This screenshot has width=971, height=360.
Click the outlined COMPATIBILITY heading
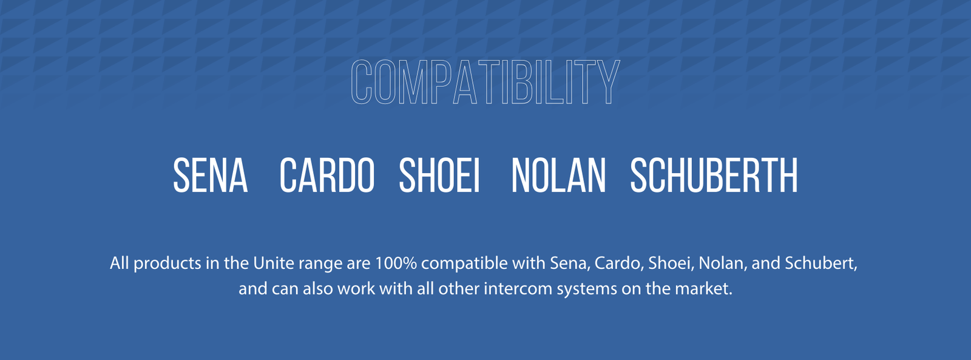[x=486, y=82]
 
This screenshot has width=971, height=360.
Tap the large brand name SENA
[x=210, y=175]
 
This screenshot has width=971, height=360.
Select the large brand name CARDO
[x=327, y=175]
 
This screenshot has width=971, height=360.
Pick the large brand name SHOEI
[x=439, y=175]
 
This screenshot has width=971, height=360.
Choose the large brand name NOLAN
[x=559, y=175]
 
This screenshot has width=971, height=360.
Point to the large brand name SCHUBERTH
[x=714, y=175]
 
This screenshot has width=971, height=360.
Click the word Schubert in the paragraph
[x=820, y=263]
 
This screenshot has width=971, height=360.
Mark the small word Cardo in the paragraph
[x=617, y=263]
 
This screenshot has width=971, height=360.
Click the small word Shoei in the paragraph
[x=669, y=263]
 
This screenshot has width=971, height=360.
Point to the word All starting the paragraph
[x=120, y=263]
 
